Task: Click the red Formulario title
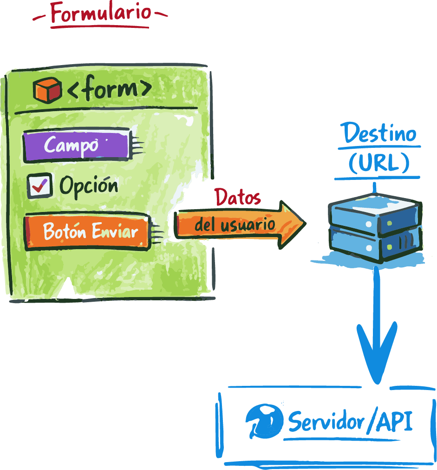click(100, 13)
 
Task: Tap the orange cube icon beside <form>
click(47, 90)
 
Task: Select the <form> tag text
click(110, 89)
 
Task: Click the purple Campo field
click(76, 146)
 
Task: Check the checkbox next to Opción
click(39, 186)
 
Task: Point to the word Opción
click(89, 186)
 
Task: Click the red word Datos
click(238, 198)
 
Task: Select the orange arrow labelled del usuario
click(239, 225)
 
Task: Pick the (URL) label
click(379, 163)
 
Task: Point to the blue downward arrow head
click(377, 360)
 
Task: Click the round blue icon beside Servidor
click(264, 421)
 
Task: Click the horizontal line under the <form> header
click(106, 111)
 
